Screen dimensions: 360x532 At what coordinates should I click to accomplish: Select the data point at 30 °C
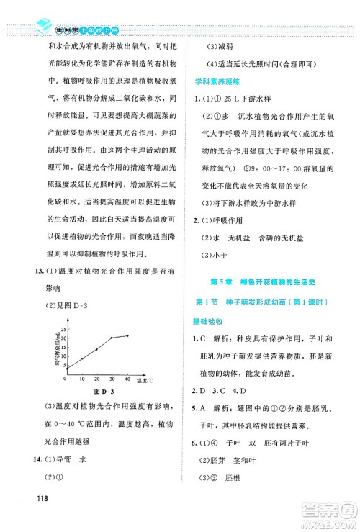click(x=112, y=338)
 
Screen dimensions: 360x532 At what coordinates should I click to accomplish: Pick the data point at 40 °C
click(x=127, y=335)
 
